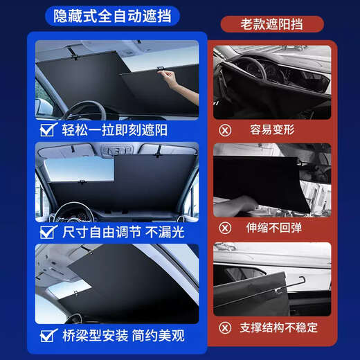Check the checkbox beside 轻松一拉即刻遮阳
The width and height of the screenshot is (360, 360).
[x=48, y=129]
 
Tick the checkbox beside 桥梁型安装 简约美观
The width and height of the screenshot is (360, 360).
[x=48, y=337]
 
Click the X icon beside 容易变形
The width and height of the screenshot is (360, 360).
[x=225, y=129]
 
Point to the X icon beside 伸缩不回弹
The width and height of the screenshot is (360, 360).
[x=225, y=227]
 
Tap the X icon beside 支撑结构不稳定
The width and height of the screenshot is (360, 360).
[x=225, y=328]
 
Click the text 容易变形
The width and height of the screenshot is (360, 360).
[x=276, y=129]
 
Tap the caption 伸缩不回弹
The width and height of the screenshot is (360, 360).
[x=276, y=227]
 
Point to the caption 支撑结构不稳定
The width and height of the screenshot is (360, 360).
[x=285, y=328]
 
